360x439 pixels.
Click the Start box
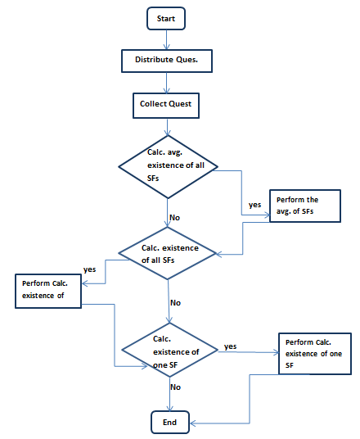[166, 19]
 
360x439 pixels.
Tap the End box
[170, 422]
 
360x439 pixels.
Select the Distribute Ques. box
[167, 61]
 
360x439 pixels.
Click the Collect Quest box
[166, 106]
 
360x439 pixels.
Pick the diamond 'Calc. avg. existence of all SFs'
[168, 167]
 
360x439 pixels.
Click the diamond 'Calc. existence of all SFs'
[167, 253]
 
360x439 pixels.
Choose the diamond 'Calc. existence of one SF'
[170, 350]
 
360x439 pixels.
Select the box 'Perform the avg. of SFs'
[305, 206]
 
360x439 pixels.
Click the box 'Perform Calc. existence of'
[48, 292]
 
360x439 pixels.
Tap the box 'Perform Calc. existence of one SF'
[315, 354]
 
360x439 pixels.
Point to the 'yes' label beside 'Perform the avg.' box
[254, 205]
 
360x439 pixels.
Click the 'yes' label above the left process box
[89, 269]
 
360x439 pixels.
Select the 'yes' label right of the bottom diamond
[230, 346]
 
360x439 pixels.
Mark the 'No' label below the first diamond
[174, 218]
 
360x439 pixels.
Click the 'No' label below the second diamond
[175, 303]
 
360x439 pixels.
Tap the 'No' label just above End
[175, 387]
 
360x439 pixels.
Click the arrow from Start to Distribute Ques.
[167, 40]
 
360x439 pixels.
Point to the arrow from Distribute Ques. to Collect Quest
[167, 83]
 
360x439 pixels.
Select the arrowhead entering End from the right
[193, 423]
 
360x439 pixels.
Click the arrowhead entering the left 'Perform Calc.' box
[85, 283]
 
